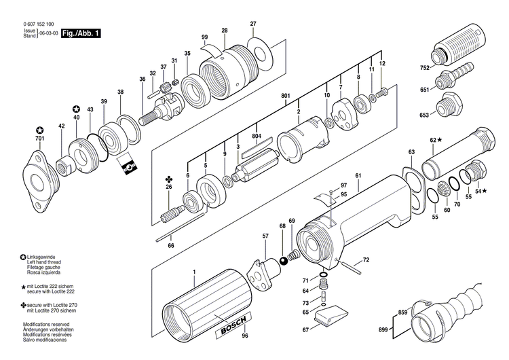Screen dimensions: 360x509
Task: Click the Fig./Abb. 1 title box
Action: [x=81, y=33]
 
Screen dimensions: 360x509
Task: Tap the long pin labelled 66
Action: [x=173, y=230]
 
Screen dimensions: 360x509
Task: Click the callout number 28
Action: [x=225, y=31]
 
